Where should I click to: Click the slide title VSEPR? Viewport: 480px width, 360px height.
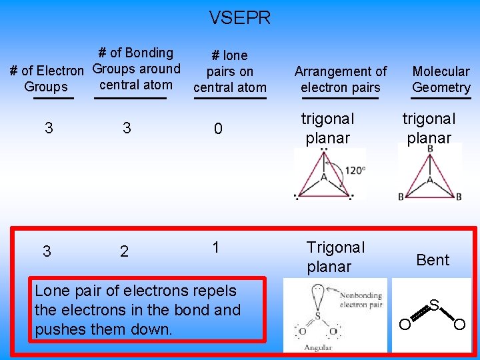tap(240, 18)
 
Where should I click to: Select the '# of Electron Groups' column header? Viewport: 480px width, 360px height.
tap(46, 79)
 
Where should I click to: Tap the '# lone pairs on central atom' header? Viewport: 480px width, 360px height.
tap(229, 71)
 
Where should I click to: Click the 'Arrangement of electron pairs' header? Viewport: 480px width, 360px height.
tap(340, 79)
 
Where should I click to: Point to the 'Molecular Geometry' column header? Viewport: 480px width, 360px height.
tap(441, 79)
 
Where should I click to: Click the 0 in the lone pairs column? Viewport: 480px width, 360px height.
tap(218, 129)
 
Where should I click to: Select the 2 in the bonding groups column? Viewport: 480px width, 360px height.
tap(124, 251)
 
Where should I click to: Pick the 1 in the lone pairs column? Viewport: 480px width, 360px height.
tap(215, 247)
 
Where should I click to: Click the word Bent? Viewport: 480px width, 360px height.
tap(433, 260)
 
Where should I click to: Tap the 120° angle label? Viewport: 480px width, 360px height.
tap(355, 170)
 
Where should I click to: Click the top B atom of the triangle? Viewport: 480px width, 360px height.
tap(430, 149)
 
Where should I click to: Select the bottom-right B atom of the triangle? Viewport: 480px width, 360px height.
tap(459, 197)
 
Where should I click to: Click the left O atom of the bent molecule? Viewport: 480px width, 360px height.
tap(404, 325)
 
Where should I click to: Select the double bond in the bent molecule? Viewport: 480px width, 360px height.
tap(417, 315)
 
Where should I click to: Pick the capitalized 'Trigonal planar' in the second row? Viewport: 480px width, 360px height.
tap(335, 257)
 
